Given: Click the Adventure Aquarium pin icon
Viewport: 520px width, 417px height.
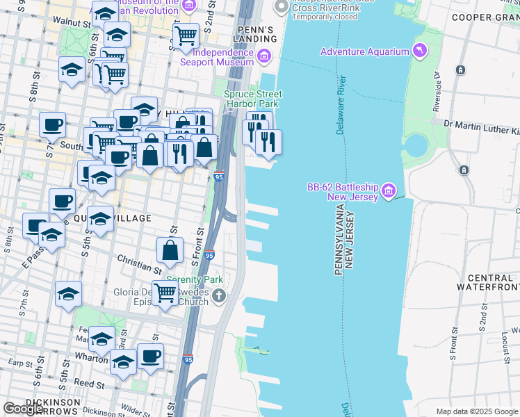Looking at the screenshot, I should (420, 51).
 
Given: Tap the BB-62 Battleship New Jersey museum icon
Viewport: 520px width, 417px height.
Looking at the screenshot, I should (389, 189).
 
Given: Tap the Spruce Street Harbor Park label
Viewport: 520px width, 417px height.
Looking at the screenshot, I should (251, 99).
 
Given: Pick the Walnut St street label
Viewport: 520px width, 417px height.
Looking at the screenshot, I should (76, 24).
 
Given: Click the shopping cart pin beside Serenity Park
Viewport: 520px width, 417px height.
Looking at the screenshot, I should (165, 293).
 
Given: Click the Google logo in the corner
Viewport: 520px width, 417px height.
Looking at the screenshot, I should (24, 409).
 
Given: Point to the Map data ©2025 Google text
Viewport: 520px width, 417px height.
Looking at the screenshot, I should (476, 411).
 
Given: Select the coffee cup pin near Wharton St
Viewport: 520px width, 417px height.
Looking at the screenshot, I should (150, 356).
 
